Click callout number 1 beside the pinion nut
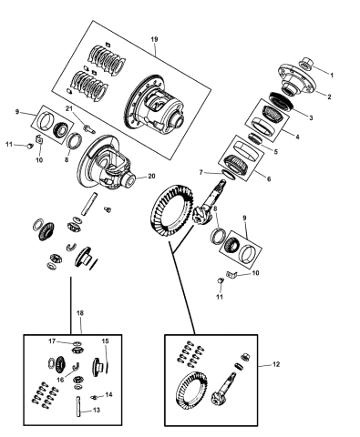point(333,73)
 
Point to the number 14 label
point(109,394)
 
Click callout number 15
point(106,342)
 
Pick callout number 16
point(61,382)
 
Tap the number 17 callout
point(53,341)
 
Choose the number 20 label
point(152,176)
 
